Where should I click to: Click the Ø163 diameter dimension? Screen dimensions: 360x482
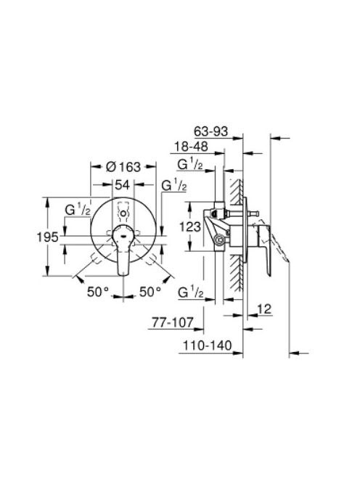(123, 167)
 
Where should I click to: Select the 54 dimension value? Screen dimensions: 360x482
(123, 185)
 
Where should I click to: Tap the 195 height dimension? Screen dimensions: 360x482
(48, 237)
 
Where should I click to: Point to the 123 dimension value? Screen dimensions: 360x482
(190, 227)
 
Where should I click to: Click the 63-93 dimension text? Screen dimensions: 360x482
(211, 131)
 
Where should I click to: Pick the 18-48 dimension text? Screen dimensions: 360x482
(191, 147)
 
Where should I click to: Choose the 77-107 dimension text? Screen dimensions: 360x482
(173, 322)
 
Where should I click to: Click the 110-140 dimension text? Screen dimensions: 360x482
(208, 346)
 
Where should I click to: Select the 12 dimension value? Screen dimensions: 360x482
(264, 309)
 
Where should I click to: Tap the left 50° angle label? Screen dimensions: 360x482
(98, 292)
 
